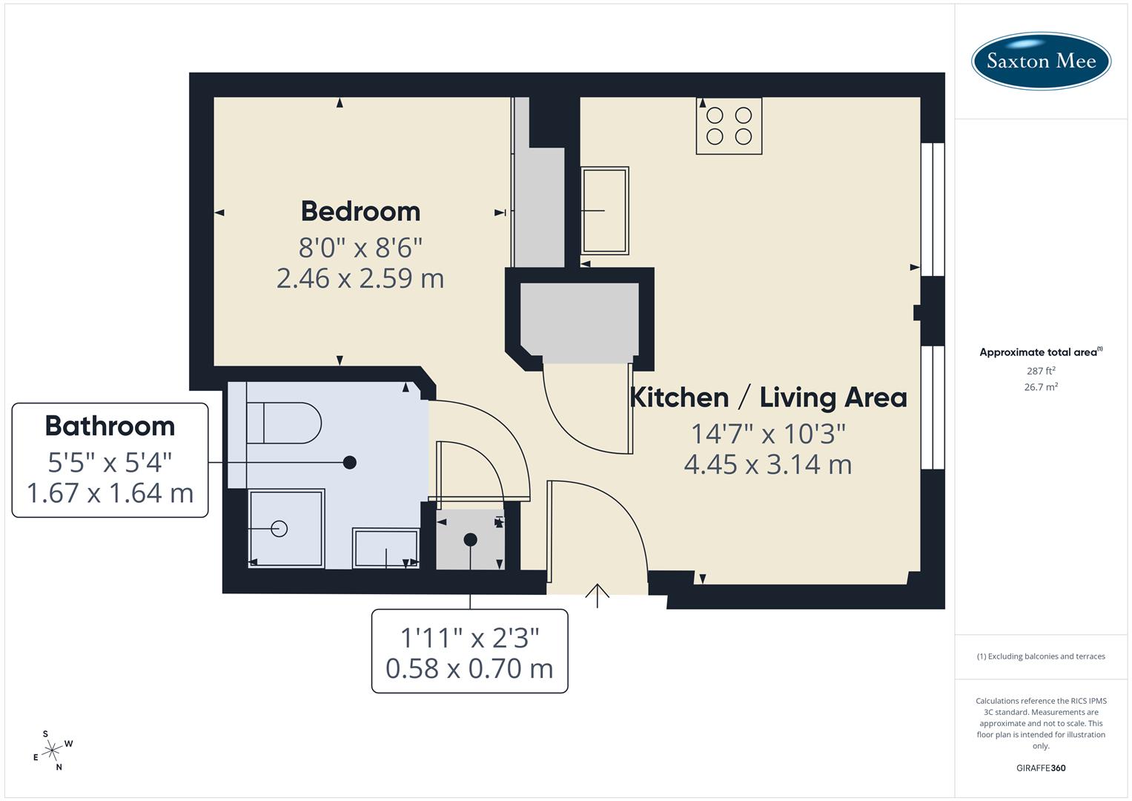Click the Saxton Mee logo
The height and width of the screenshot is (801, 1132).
(x=1041, y=61)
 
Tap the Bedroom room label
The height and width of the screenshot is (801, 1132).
(x=360, y=211)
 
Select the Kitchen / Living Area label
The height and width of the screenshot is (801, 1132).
(x=768, y=398)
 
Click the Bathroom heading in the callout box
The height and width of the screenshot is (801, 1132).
(x=110, y=426)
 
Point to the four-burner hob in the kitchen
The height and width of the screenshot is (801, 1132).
(x=729, y=126)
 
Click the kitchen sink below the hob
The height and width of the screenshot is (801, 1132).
(x=605, y=211)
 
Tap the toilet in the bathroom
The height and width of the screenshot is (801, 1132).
(x=283, y=423)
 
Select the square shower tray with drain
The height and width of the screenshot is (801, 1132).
(x=286, y=528)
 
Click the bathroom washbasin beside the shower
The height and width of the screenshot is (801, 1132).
(x=385, y=548)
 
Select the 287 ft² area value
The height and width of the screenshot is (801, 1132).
(x=1041, y=371)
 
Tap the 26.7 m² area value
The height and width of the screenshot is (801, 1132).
(x=1041, y=387)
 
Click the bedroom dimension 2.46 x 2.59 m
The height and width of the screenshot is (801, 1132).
(x=360, y=279)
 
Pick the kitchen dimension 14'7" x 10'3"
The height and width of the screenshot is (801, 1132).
(x=768, y=432)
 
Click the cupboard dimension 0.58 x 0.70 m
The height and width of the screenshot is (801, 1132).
(x=469, y=669)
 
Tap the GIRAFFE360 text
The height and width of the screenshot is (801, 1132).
(x=1041, y=768)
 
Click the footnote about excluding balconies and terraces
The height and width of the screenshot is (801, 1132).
(x=1041, y=656)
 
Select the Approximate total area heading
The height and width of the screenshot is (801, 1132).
(x=1039, y=352)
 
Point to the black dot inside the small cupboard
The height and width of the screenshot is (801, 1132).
(x=470, y=540)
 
